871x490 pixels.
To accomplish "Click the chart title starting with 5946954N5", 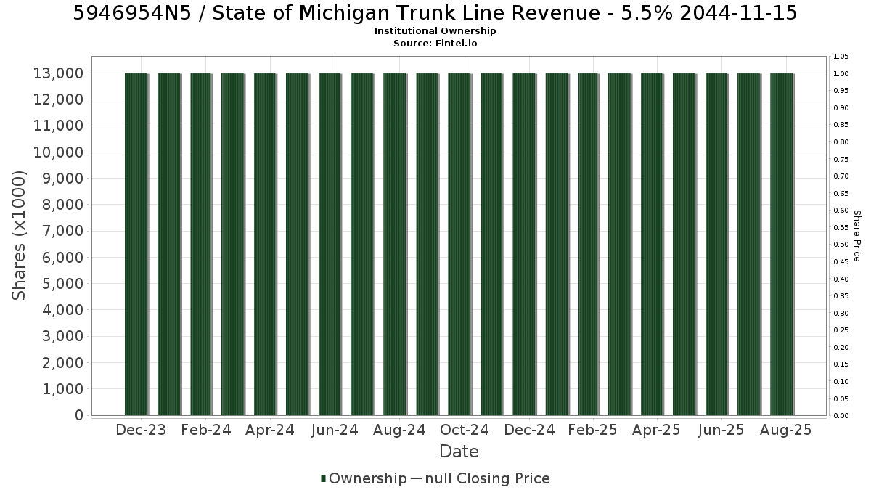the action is coord(435,13).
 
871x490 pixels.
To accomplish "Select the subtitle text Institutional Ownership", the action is coord(435,31).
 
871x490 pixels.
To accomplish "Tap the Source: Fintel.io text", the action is coord(435,43).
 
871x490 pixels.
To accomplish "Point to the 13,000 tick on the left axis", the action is coord(58,73).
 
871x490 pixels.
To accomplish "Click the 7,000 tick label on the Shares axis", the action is coord(62,231).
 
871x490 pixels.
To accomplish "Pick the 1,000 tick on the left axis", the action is coord(62,389).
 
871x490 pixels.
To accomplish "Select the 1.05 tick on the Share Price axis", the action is coord(841,57).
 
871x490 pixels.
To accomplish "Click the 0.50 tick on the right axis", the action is coord(841,245).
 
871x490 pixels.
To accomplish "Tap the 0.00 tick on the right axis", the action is coord(841,416).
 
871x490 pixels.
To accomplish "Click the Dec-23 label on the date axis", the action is coord(141,430).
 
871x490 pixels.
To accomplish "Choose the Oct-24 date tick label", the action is coord(465,430).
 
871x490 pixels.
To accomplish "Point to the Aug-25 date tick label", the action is coord(786,430).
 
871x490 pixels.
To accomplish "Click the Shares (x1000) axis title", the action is coord(19,236).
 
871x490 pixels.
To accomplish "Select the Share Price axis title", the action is coord(857,236).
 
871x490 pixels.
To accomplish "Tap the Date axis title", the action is coord(459,452).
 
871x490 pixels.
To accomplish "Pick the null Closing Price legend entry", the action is coord(481,478).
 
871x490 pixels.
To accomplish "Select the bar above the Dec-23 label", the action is coord(136,244).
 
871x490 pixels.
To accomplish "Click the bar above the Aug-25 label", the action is coord(782,244).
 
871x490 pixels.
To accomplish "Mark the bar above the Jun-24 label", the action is coord(330,244).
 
